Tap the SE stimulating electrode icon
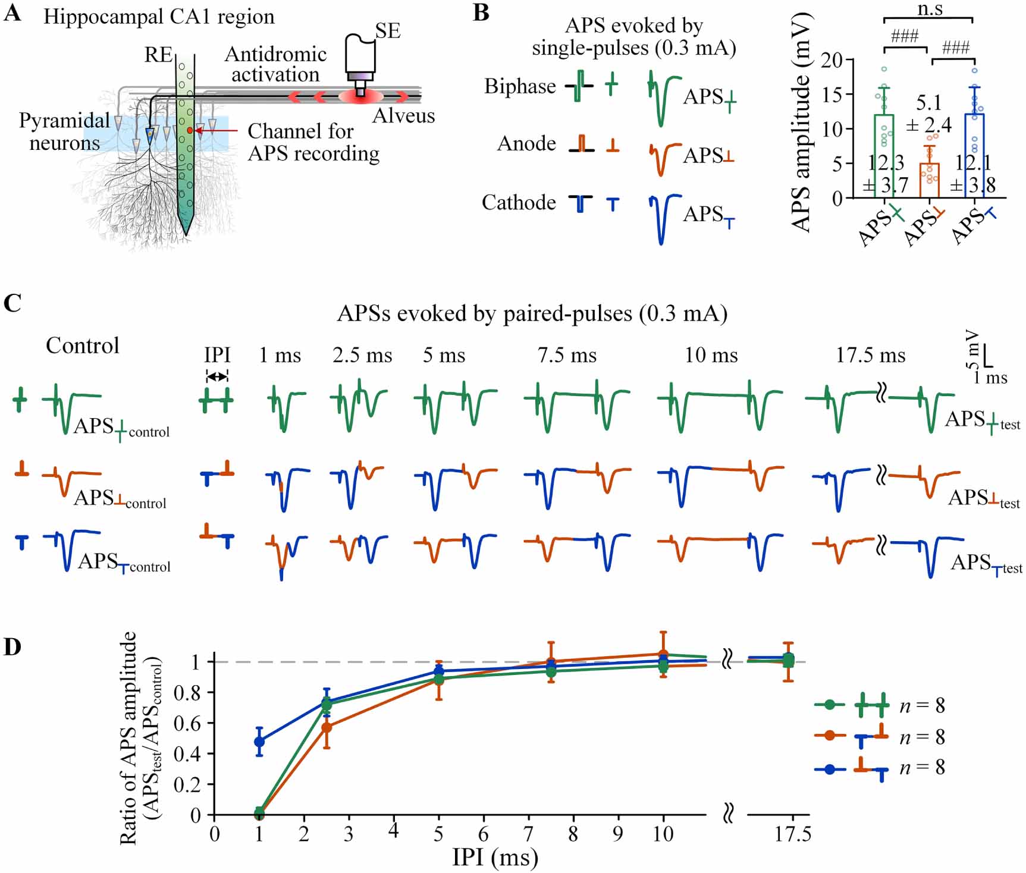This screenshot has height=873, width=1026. tap(360, 62)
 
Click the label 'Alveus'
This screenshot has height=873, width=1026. tap(403, 115)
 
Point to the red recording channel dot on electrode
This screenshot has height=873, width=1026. tap(190, 130)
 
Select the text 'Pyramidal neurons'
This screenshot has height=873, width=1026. tap(64, 131)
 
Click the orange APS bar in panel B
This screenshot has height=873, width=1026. tap(930, 180)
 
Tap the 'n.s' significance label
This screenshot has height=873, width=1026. tap(930, 9)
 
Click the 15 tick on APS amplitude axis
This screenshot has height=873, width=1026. tap(832, 95)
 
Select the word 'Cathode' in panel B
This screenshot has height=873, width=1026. tap(519, 203)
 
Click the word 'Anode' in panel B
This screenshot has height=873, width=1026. tap(526, 144)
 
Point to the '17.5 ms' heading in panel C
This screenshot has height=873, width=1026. tap(870, 356)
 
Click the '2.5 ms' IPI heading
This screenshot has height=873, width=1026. tap(362, 356)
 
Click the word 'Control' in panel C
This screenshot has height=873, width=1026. tap(83, 346)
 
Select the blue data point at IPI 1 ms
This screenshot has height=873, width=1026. tap(259, 742)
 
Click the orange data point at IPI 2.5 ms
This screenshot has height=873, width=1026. tap(327, 727)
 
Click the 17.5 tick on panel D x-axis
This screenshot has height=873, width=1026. tap(792, 834)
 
